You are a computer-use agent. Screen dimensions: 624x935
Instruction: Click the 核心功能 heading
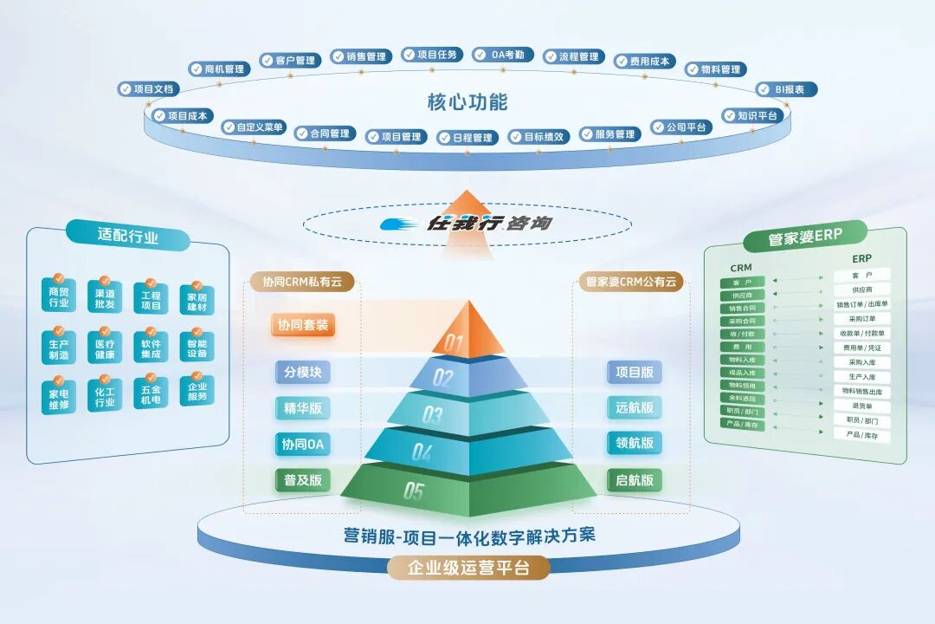(467, 101)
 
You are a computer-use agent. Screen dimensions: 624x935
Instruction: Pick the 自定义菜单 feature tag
(254, 127)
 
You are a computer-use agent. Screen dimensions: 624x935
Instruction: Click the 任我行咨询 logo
(467, 224)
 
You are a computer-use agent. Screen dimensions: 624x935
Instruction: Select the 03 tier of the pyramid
(467, 414)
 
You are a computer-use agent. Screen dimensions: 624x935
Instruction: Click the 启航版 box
(635, 480)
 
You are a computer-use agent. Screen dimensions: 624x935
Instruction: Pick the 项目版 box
(635, 373)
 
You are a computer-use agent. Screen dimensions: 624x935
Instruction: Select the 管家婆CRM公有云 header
(630, 282)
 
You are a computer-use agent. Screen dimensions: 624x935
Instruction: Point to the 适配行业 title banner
(128, 237)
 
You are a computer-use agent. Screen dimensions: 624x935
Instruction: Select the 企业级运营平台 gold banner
(467, 569)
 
